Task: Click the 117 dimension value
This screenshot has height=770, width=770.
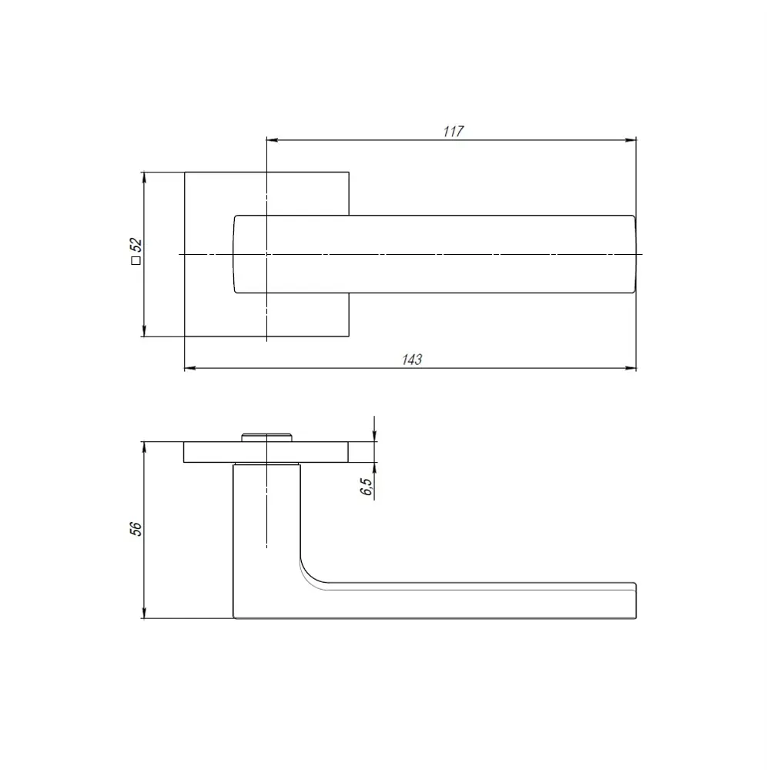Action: pyautogui.click(x=454, y=131)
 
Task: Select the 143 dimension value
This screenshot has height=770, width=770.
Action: pyautogui.click(x=413, y=359)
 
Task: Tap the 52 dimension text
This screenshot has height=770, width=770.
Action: pyautogui.click(x=136, y=246)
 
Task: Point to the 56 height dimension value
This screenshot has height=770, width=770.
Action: pyautogui.click(x=136, y=528)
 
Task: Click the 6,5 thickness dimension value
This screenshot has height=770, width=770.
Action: pyautogui.click(x=366, y=486)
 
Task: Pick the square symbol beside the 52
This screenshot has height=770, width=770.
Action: pyautogui.click(x=136, y=261)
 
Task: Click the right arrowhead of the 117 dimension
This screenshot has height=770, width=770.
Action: pyautogui.click(x=631, y=140)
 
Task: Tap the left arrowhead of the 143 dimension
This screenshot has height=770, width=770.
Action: pyautogui.click(x=189, y=368)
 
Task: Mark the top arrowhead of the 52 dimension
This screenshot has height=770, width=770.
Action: pyautogui.click(x=144, y=177)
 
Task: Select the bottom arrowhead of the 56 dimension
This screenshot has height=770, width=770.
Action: pyautogui.click(x=144, y=614)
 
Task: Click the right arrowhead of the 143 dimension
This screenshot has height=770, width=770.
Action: pyautogui.click(x=631, y=368)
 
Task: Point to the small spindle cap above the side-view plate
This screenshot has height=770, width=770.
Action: pyautogui.click(x=266, y=438)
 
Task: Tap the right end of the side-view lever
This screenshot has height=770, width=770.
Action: pyautogui.click(x=634, y=601)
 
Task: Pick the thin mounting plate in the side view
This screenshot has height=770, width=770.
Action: pyautogui.click(x=266, y=452)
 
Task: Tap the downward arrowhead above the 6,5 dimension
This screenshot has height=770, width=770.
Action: pyautogui.click(x=374, y=437)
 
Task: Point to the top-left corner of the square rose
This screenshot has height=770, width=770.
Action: pyautogui.click(x=185, y=172)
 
